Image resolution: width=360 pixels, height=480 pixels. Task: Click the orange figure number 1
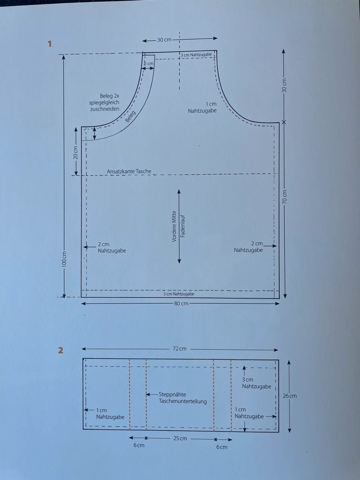point(49,44)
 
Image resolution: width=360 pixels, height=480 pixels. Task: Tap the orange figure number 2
point(60,350)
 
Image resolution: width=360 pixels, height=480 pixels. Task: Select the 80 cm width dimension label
point(181,303)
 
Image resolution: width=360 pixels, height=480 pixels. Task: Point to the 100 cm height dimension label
point(64,259)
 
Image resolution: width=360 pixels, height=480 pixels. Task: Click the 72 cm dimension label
point(180,349)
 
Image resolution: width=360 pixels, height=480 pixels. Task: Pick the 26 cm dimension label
point(289,396)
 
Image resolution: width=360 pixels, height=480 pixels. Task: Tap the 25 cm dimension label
point(180,438)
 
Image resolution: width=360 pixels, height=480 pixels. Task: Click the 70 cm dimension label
point(284,197)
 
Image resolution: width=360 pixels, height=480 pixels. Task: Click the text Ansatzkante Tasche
point(129,171)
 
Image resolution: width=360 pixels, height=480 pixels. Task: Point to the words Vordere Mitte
point(174,226)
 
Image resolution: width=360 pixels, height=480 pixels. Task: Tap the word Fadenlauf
point(183,226)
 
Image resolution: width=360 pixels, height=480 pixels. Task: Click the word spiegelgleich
point(104,102)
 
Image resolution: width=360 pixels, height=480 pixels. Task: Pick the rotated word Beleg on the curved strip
point(130,117)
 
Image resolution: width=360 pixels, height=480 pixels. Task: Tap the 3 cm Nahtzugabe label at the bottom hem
point(179,294)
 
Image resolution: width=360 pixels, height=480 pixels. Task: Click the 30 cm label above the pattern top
point(164,40)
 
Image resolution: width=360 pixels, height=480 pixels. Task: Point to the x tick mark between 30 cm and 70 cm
point(284,122)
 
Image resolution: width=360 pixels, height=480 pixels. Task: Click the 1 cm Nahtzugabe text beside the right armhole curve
point(202,107)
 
